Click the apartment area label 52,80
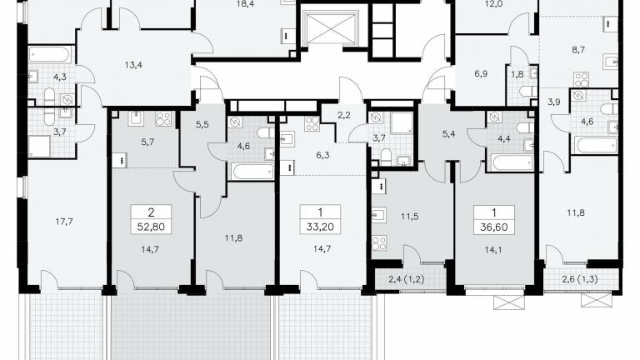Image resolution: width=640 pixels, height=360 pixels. coord(151,227)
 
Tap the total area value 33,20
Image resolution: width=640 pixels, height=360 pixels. coord(320,227)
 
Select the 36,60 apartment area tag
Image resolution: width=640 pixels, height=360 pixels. coord(494,227)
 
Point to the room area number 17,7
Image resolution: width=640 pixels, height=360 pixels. coord(64,222)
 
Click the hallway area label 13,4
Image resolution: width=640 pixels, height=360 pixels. coord(133,65)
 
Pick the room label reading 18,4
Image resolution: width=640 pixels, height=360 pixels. coord(244,4)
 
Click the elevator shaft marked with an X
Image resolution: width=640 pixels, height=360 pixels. coord(331,28)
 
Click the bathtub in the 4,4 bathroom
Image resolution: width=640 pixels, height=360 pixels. coord(512,162)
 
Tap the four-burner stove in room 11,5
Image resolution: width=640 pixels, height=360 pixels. coord(379,243)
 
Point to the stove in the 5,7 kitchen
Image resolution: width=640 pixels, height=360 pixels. coord(162,119)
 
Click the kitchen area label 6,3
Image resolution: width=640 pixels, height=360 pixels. coord(322,156)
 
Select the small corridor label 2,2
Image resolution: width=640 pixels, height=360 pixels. coord(344,116)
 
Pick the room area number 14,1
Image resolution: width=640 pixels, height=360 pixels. coord(493,250)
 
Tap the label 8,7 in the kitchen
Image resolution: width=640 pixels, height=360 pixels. coord(578,50)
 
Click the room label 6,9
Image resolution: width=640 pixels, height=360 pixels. coord(481,74)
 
